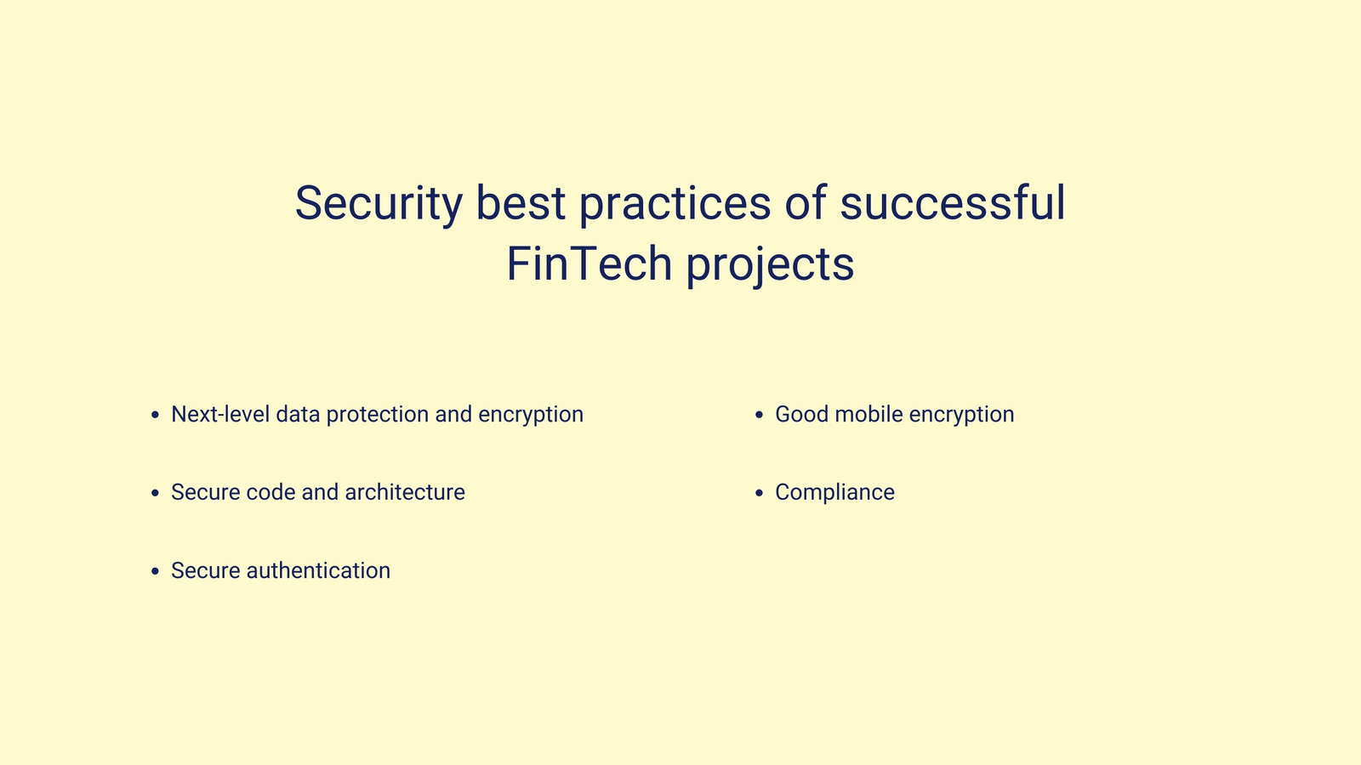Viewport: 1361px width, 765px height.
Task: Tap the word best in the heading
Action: pos(521,201)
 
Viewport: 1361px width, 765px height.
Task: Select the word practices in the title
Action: pos(675,204)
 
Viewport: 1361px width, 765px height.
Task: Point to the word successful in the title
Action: pos(953,201)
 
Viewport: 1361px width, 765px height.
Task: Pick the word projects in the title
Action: pos(770,265)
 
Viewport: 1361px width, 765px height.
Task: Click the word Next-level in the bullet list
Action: pos(220,414)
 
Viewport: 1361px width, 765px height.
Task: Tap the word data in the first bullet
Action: pos(298,414)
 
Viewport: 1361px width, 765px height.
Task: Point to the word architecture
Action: pos(405,492)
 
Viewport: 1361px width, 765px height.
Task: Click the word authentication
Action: pos(318,570)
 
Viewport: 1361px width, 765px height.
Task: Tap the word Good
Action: pos(801,414)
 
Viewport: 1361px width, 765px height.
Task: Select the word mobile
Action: pos(868,414)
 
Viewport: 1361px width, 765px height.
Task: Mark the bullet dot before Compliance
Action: pos(759,493)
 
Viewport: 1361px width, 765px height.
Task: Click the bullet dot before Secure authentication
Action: pos(155,571)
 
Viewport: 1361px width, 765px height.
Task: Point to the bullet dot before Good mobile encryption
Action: pos(759,415)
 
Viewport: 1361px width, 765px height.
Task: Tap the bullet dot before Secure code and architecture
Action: pos(155,493)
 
